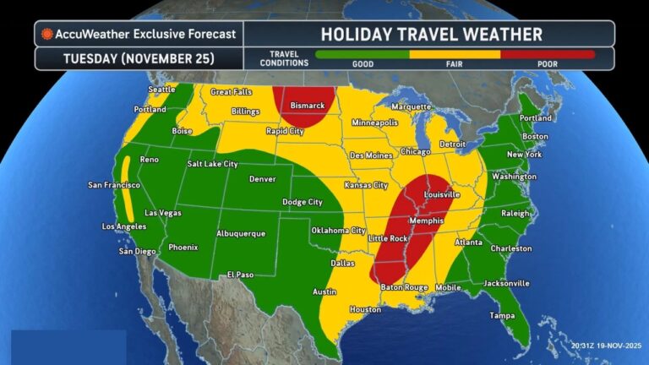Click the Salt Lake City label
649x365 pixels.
[x=212, y=164]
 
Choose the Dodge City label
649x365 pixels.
[x=303, y=202]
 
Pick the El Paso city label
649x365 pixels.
[x=240, y=275]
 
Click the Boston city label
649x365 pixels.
[x=536, y=136]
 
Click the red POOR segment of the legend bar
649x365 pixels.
[x=547, y=54]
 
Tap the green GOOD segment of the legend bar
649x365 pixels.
[x=362, y=54]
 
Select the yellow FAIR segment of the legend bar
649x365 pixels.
[x=455, y=54]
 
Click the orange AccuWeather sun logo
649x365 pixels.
[x=47, y=34]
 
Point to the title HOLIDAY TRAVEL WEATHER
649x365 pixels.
[x=429, y=34]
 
